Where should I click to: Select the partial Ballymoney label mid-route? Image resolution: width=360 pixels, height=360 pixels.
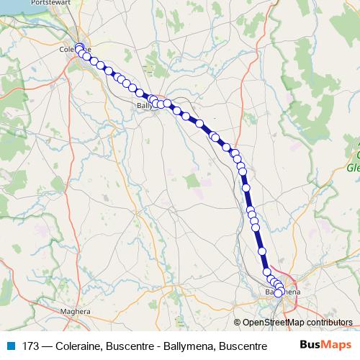tap(145, 106)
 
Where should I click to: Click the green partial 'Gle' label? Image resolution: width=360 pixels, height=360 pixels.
tap(354, 168)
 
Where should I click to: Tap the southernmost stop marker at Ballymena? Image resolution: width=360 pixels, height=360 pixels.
tap(279, 293)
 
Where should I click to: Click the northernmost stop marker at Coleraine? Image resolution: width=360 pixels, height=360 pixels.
tap(79, 48)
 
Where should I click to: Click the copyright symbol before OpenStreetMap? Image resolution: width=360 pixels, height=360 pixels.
tap(238, 323)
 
